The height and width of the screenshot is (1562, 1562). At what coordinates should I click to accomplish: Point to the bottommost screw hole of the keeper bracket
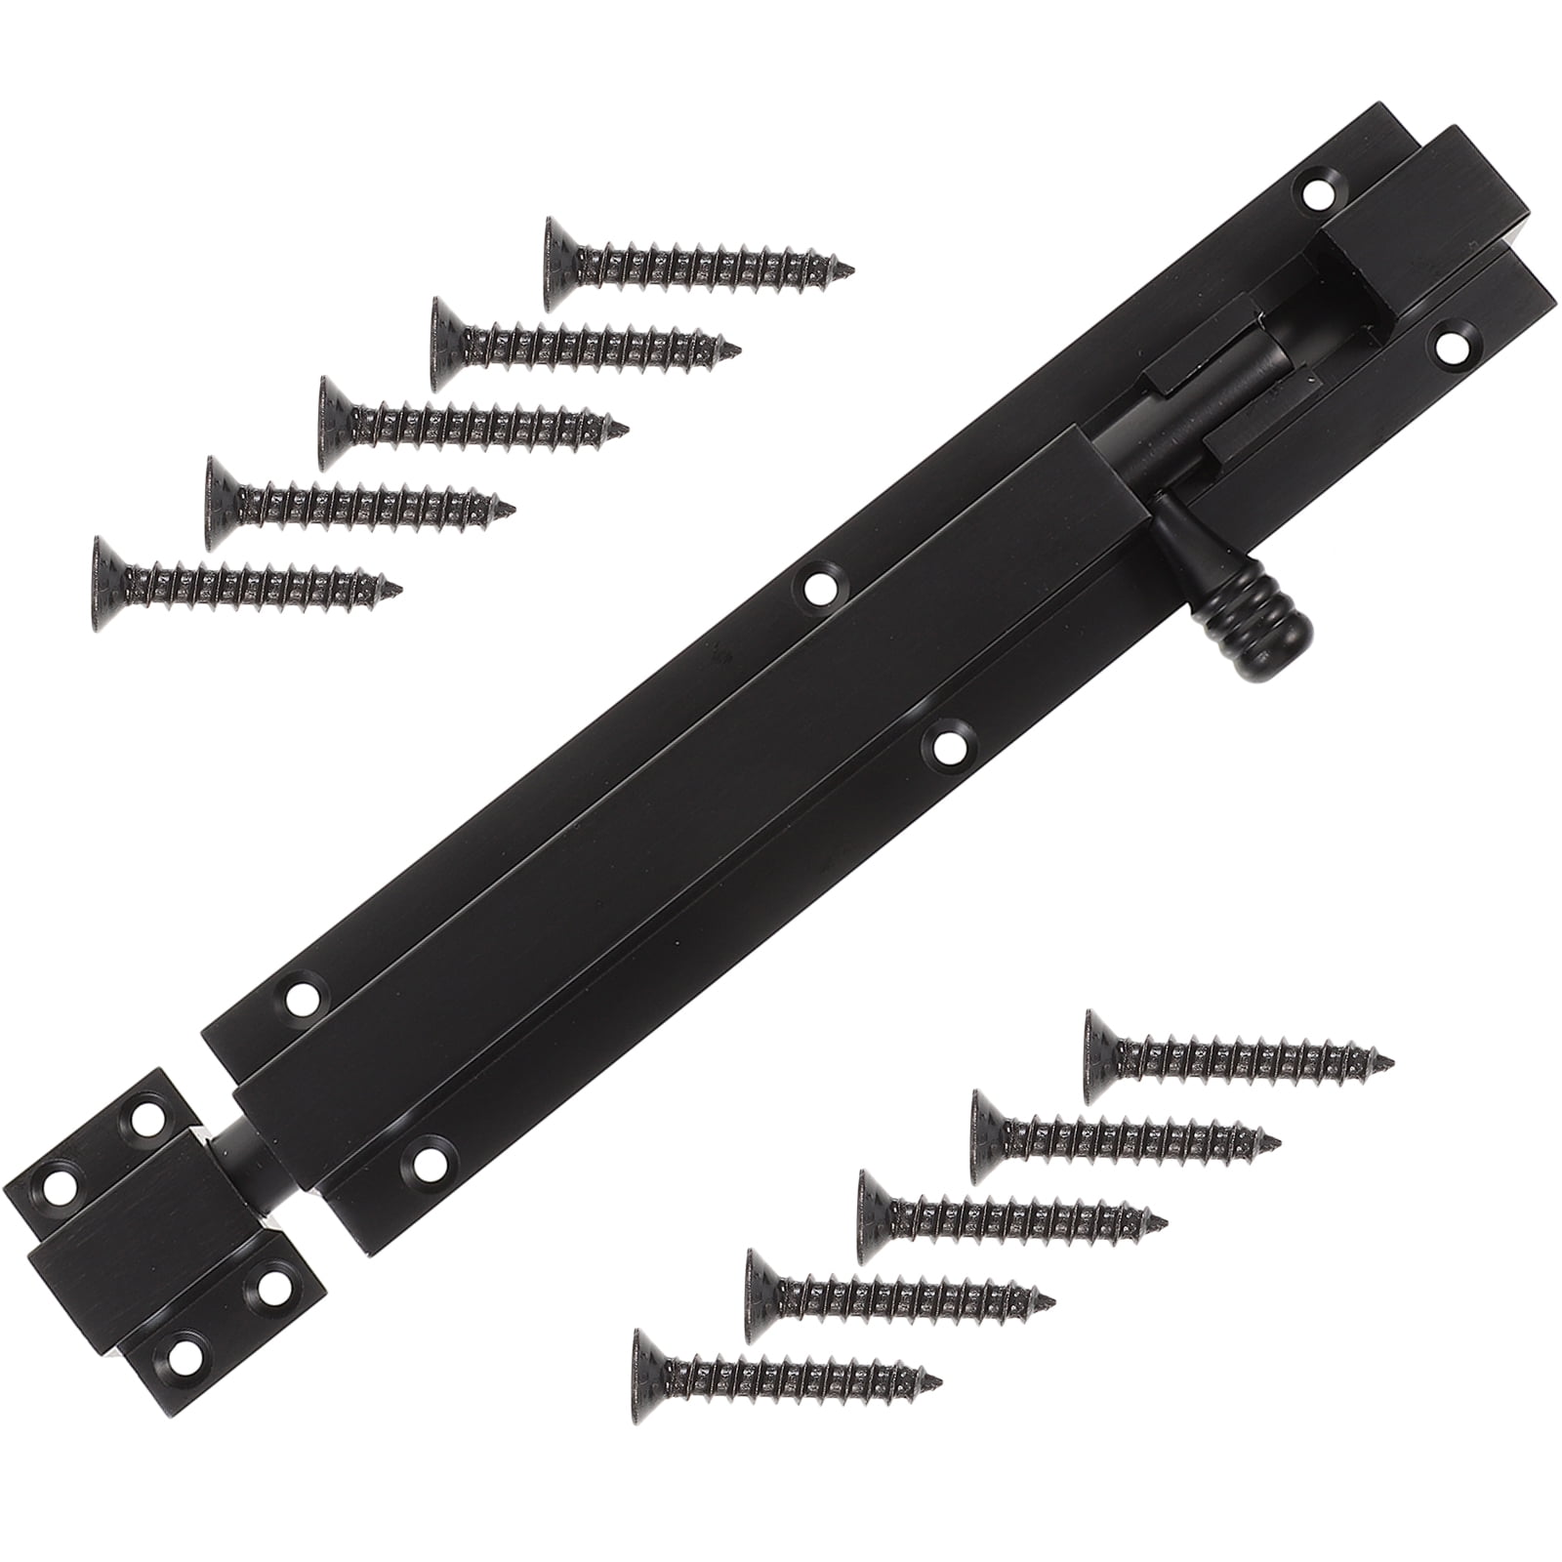[181, 1353]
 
